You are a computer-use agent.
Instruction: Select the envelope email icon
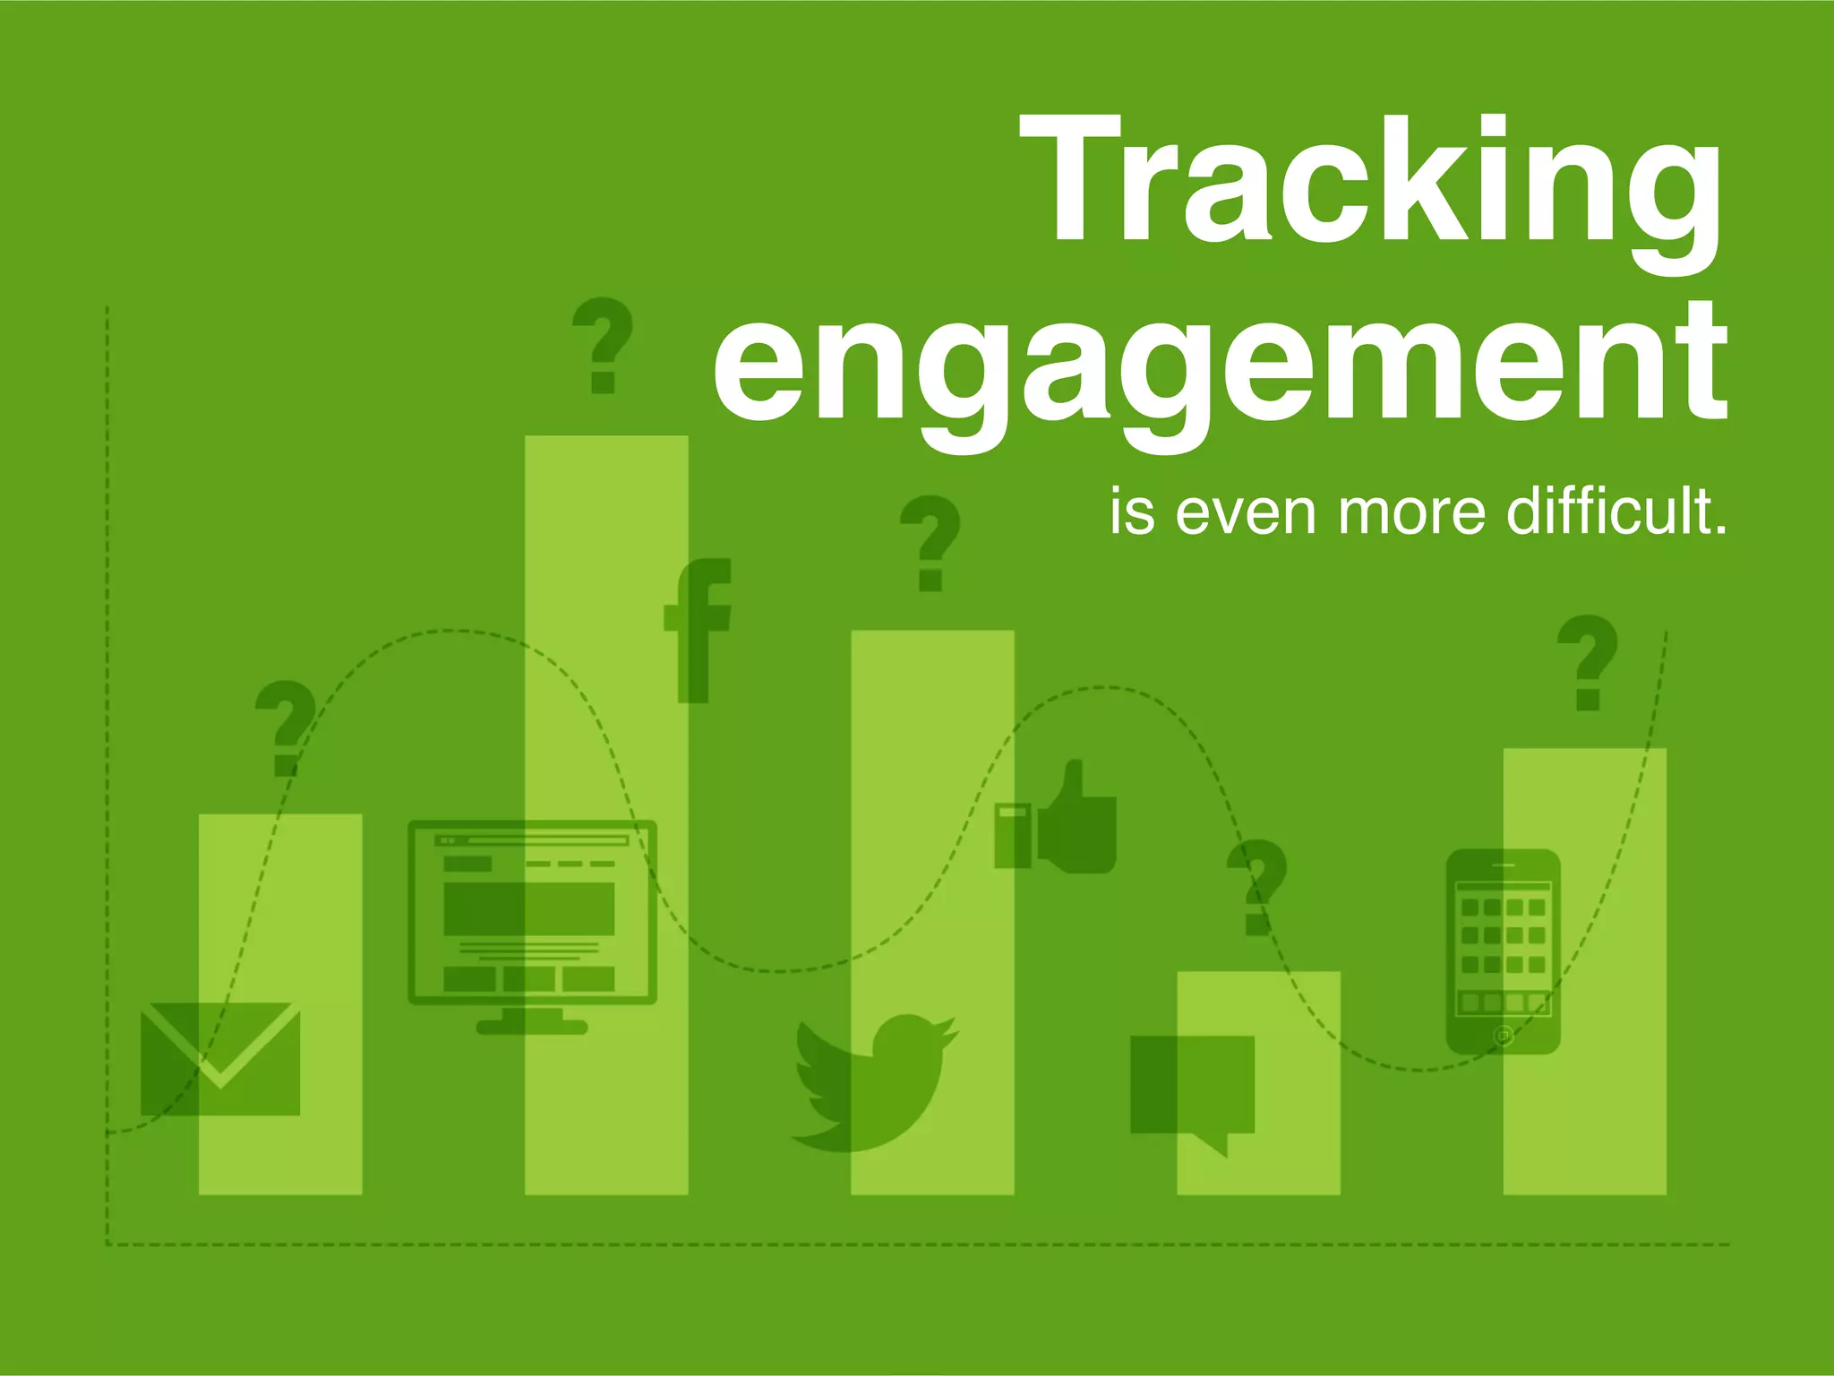click(x=220, y=1058)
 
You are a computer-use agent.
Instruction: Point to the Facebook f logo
click(x=698, y=631)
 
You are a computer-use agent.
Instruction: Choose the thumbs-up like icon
click(x=1057, y=820)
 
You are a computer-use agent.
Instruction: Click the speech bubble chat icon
click(x=1192, y=1089)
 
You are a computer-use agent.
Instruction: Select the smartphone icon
click(x=1504, y=951)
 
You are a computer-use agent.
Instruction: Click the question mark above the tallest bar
click(x=603, y=345)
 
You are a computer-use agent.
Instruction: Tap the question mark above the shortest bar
click(x=1256, y=887)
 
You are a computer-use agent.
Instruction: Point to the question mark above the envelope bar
click(x=286, y=727)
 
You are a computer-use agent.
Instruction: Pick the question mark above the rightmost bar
click(x=1588, y=662)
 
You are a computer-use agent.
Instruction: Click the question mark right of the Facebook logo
click(x=930, y=543)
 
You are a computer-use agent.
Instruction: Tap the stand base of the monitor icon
click(x=532, y=1027)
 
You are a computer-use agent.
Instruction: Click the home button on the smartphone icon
click(x=1504, y=1036)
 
